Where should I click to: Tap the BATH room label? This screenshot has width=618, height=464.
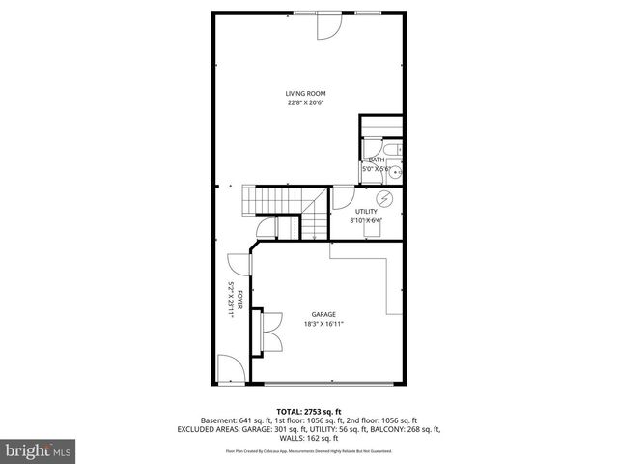tap(377, 160)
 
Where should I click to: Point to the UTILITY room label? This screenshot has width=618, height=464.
tap(366, 211)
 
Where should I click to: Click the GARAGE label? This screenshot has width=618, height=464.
tap(323, 314)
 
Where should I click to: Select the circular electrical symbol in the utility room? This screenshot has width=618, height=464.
tap(384, 199)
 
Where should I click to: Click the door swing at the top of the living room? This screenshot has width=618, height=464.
tap(327, 27)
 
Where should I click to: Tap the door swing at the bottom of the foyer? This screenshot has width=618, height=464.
tap(230, 368)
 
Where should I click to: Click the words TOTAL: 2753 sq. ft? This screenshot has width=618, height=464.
tap(308, 411)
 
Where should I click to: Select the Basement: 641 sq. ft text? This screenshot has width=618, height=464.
tap(235, 420)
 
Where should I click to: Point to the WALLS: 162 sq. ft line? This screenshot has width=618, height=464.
tap(308, 438)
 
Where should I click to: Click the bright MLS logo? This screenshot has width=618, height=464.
tap(38, 450)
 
